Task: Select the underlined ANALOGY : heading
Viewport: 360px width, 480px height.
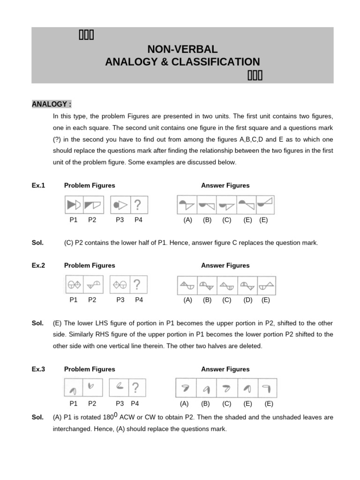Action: pyautogui.click(x=52, y=104)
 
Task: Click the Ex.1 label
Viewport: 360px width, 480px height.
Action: pyautogui.click(x=38, y=185)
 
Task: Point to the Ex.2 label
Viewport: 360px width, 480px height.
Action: pyautogui.click(x=38, y=265)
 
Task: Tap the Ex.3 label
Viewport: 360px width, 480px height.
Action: pyautogui.click(x=38, y=369)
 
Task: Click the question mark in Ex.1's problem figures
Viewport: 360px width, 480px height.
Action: pyautogui.click(x=137, y=205)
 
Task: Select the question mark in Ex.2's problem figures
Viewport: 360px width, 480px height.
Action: pyautogui.click(x=137, y=285)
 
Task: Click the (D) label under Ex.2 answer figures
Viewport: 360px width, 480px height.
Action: pyautogui.click(x=248, y=300)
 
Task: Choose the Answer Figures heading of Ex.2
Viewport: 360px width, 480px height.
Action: pyautogui.click(x=225, y=265)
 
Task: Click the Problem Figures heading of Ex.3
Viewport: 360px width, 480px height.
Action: pyautogui.click(x=90, y=369)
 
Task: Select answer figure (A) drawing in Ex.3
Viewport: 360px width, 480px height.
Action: pyautogui.click(x=185, y=388)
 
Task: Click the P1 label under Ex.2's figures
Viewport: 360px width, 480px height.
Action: pyautogui.click(x=74, y=300)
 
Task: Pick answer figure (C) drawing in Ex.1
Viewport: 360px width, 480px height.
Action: pyautogui.click(x=227, y=205)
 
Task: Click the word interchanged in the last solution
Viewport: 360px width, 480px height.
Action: pyautogui.click(x=72, y=428)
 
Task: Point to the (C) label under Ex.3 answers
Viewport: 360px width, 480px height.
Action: pyautogui.click(x=227, y=403)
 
